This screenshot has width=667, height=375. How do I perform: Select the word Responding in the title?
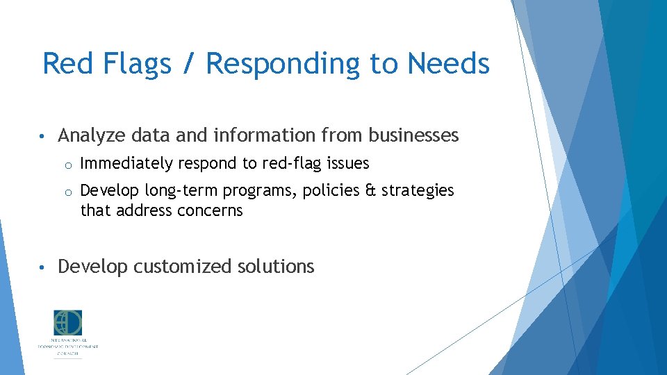(283, 64)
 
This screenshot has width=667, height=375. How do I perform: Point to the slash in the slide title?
(188, 64)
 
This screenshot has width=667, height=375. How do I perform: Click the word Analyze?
(87, 136)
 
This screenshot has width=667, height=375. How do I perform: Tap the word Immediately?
(126, 164)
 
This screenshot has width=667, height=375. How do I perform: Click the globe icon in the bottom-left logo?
(68, 323)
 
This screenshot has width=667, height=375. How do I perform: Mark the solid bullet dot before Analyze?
(43, 136)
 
